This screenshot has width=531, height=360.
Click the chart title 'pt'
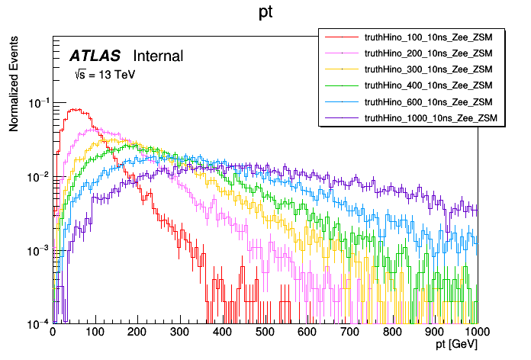coord(266,13)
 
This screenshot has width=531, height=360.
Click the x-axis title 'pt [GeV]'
coord(457,346)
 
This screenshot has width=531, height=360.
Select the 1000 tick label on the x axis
coord(477,333)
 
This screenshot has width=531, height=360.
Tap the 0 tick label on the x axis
coord(53,333)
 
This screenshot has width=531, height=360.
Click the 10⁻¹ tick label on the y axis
coord(37,102)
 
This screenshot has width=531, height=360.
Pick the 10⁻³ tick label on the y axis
coord(37,250)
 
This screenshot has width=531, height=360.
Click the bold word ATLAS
coord(96,56)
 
